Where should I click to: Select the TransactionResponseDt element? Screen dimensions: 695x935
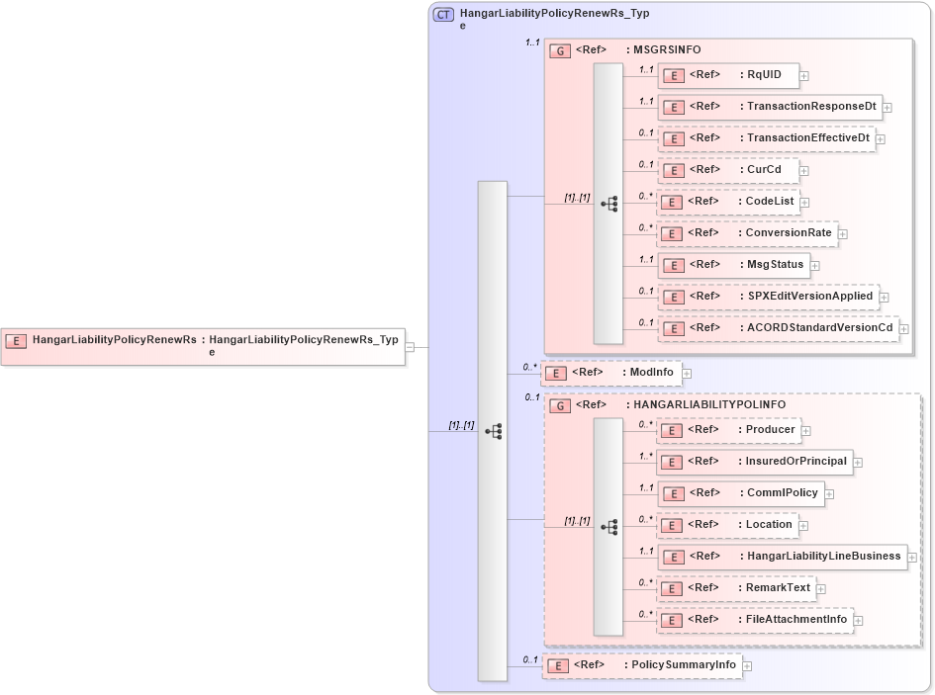click(x=769, y=106)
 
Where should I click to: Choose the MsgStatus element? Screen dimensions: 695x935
click(x=733, y=264)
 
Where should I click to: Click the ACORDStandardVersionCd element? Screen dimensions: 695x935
click(x=778, y=327)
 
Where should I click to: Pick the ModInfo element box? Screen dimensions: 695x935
click(x=611, y=373)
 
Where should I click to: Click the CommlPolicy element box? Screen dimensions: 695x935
click(x=740, y=493)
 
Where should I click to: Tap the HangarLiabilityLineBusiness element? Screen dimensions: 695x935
click(x=782, y=557)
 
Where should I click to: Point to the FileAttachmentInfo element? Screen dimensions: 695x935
click(x=755, y=620)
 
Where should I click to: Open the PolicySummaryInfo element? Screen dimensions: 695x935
click(x=641, y=665)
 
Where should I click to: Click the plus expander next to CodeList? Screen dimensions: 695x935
click(x=804, y=202)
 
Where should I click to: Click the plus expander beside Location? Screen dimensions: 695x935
click(x=804, y=525)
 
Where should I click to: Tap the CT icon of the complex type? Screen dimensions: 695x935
click(x=444, y=15)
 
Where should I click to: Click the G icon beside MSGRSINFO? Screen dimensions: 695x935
click(x=560, y=50)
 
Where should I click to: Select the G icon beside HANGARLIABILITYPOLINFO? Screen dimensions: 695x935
click(x=560, y=405)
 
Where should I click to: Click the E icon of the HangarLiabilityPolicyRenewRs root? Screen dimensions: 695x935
click(x=16, y=340)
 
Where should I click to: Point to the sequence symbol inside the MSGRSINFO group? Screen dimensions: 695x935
click(x=608, y=204)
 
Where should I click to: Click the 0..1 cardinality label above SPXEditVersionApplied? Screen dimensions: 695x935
click(x=645, y=291)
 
